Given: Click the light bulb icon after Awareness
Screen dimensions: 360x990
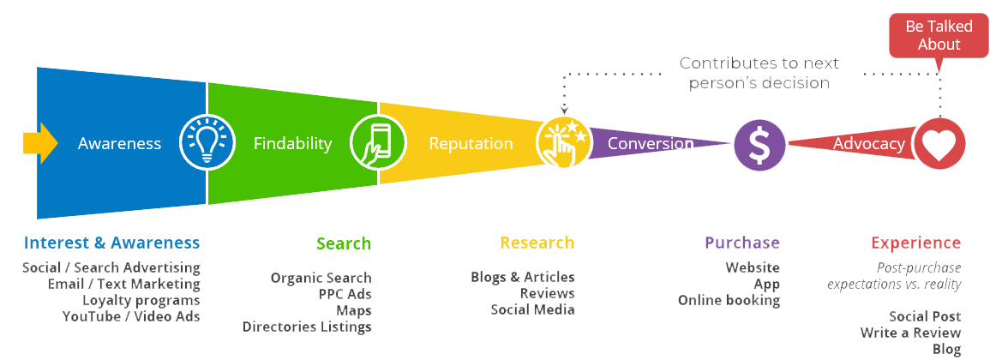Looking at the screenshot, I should [x=207, y=144].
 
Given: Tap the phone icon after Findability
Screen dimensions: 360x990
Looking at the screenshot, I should [x=378, y=143].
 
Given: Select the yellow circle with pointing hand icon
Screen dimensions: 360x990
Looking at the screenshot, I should [x=563, y=143].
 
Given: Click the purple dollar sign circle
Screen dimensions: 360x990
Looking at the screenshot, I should [x=759, y=144].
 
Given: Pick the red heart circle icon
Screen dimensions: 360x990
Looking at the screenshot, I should [x=939, y=144].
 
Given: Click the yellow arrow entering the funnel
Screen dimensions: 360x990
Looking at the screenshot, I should [x=39, y=142].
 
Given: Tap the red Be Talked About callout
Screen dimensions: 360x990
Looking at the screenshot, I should [x=939, y=36].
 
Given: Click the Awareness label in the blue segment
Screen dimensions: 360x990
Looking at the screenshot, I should [x=119, y=144].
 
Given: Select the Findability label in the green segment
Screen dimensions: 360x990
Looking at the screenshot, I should [x=292, y=144].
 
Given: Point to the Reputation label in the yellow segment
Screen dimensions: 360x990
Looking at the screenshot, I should [x=471, y=144].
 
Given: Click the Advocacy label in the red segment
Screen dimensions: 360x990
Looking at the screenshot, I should [x=869, y=144].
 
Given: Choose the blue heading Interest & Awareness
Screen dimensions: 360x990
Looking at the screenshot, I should [x=112, y=243].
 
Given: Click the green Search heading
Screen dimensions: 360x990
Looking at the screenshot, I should [x=344, y=244].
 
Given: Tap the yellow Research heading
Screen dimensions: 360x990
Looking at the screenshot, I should [x=537, y=243].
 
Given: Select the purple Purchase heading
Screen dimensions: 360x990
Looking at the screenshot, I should [x=742, y=243].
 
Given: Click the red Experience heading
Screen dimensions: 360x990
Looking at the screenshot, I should [x=915, y=243].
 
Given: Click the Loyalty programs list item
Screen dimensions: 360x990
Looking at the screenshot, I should [x=141, y=301].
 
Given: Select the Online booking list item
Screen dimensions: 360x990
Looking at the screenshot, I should [x=729, y=301].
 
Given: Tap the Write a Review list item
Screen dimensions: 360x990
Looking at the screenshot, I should [x=911, y=333].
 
